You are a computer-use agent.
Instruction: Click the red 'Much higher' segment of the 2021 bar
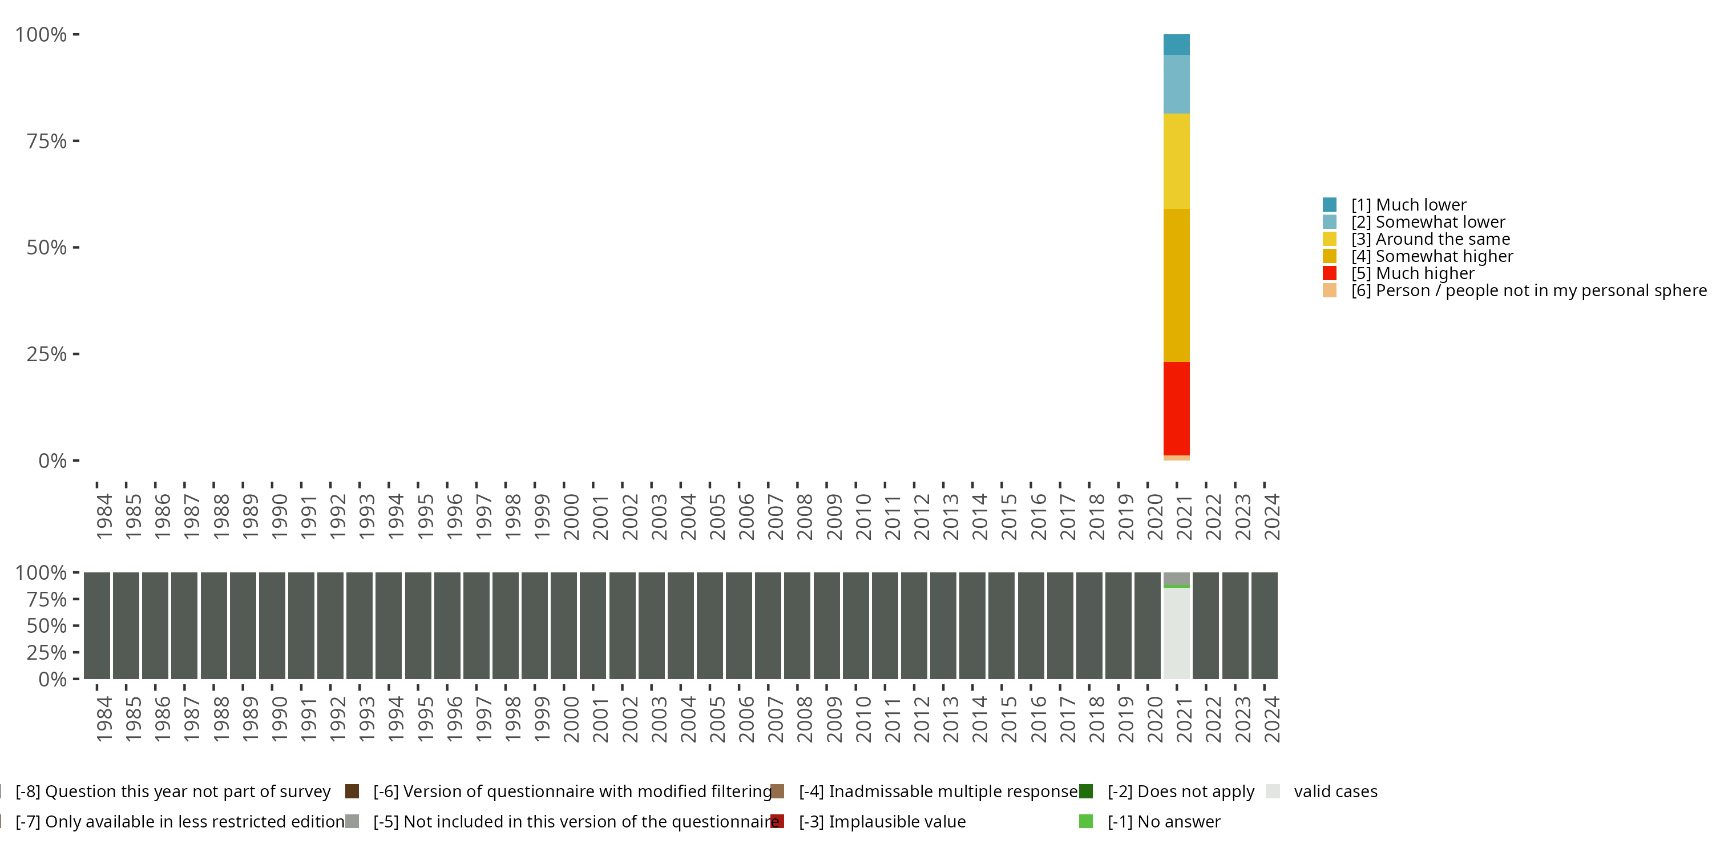click(1176, 408)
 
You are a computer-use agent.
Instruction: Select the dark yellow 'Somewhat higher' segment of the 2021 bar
click(1176, 285)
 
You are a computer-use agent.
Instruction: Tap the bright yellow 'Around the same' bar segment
click(1176, 161)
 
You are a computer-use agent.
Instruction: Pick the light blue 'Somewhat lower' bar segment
click(1176, 84)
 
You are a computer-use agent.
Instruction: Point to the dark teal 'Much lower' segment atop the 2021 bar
click(1176, 45)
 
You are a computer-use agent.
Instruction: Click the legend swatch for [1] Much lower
click(1329, 205)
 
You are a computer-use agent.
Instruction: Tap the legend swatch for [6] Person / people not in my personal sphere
click(1329, 290)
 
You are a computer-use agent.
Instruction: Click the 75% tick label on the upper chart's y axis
click(47, 141)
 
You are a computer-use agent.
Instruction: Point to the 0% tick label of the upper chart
click(53, 461)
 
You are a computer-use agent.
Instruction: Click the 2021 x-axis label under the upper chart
click(1184, 516)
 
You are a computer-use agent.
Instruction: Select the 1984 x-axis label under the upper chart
click(104, 516)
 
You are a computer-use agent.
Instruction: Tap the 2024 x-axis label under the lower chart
click(1271, 719)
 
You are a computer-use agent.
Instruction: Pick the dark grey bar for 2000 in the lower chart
click(564, 625)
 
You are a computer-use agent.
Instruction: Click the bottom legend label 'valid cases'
click(1335, 792)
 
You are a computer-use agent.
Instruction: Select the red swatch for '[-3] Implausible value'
click(777, 821)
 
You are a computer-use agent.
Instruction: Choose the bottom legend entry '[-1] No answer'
click(1163, 821)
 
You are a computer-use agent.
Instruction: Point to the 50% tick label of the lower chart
click(47, 625)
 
